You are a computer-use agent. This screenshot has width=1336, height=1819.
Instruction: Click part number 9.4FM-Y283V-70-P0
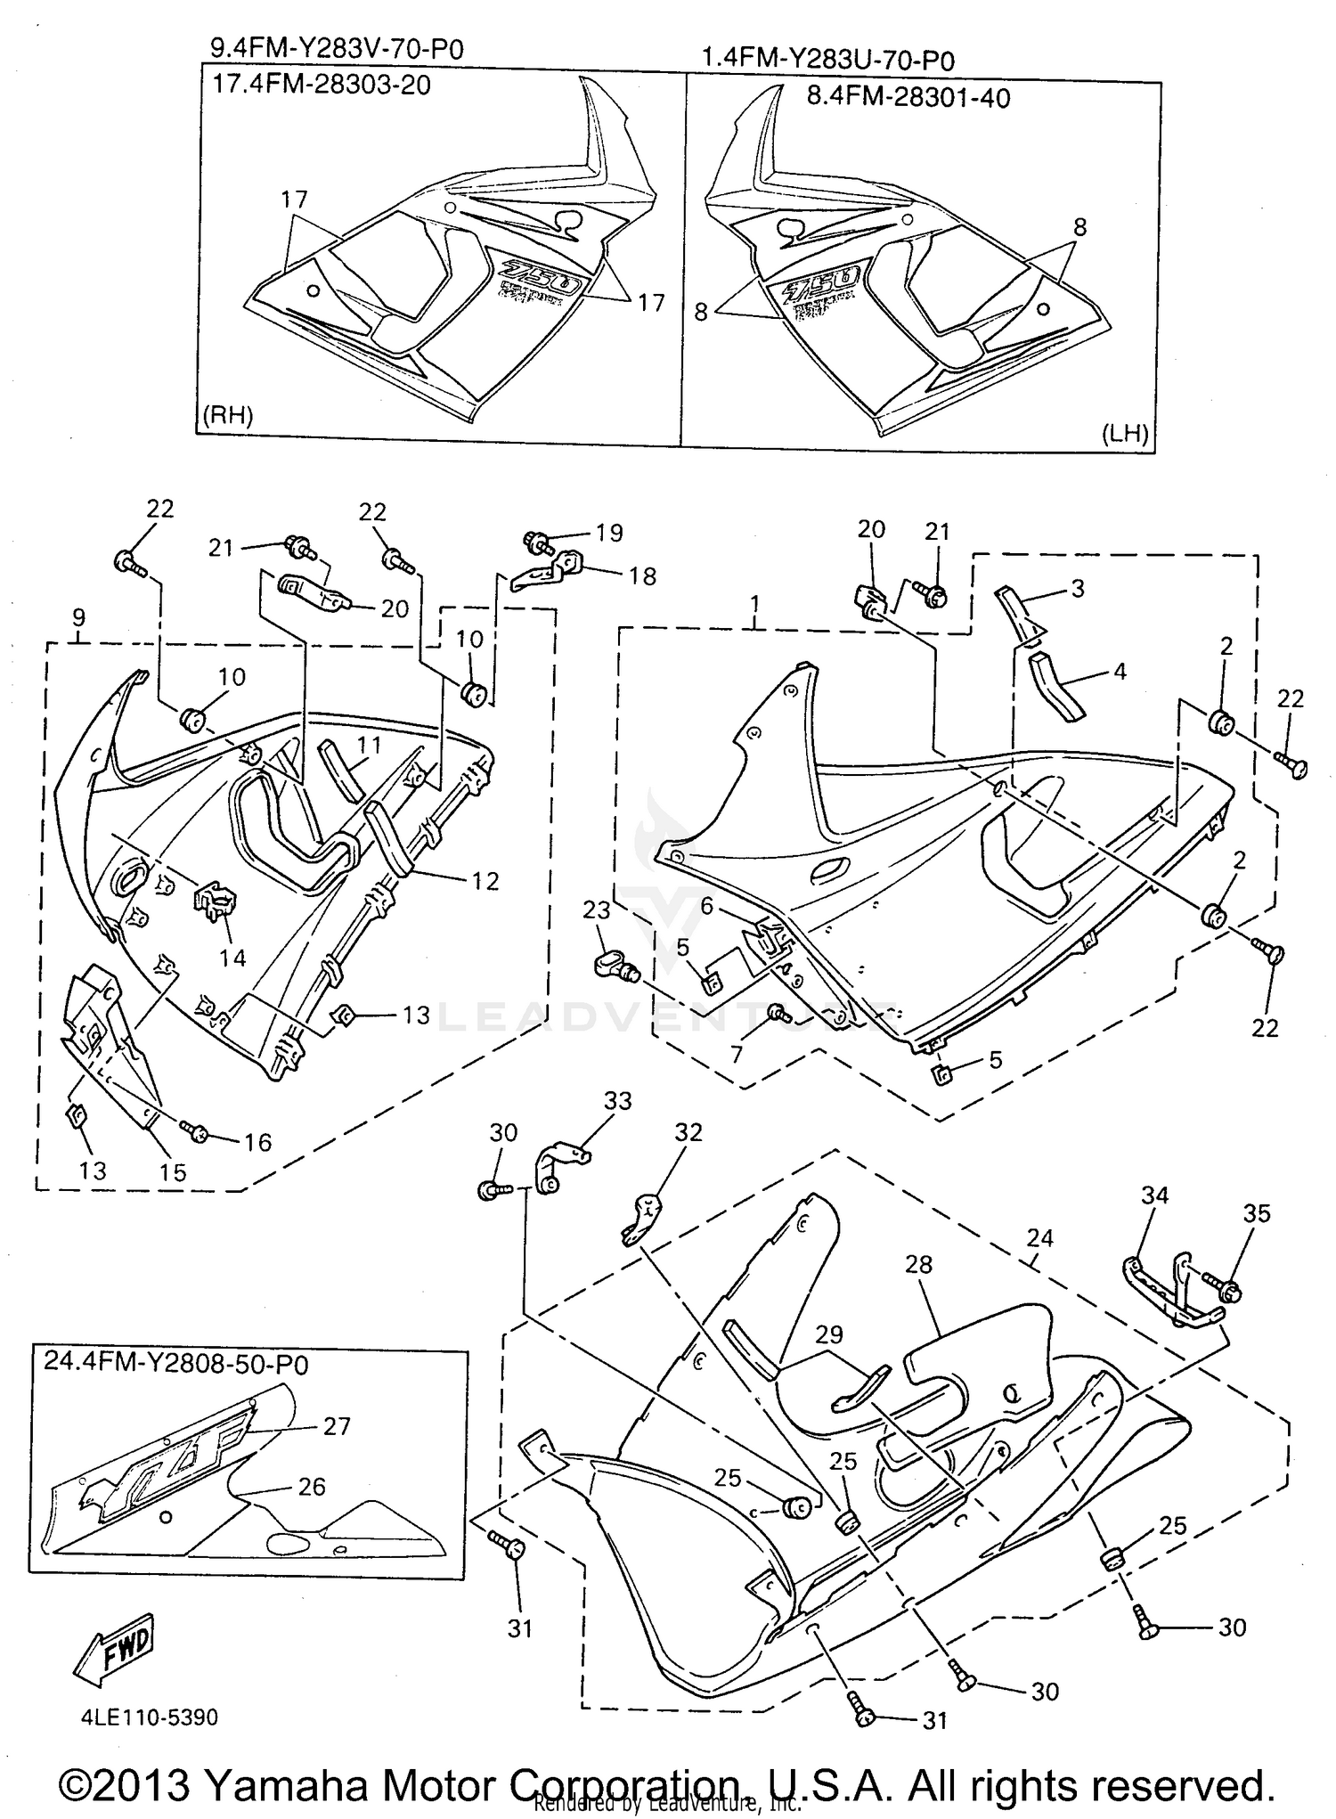click(337, 48)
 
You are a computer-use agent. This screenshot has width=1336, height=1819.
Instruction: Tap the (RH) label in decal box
click(228, 415)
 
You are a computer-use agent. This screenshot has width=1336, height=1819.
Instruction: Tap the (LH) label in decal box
click(1125, 434)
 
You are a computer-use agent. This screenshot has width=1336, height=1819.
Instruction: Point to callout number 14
click(233, 958)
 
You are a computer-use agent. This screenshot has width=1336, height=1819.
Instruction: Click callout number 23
click(597, 909)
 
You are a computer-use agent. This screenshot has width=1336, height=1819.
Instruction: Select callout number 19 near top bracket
click(609, 533)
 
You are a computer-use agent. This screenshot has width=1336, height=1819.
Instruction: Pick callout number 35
click(1257, 1213)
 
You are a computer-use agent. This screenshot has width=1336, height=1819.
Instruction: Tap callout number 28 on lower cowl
click(918, 1264)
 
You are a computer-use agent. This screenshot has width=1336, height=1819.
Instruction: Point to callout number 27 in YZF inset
click(337, 1426)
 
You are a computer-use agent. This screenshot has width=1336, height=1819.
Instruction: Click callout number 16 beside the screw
click(258, 1142)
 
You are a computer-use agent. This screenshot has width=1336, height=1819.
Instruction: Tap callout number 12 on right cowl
click(485, 881)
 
